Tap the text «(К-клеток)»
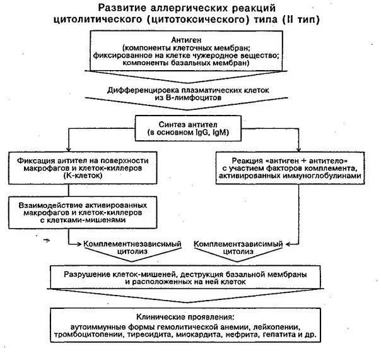click(x=71, y=179)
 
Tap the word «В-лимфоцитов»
click(x=190, y=100)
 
